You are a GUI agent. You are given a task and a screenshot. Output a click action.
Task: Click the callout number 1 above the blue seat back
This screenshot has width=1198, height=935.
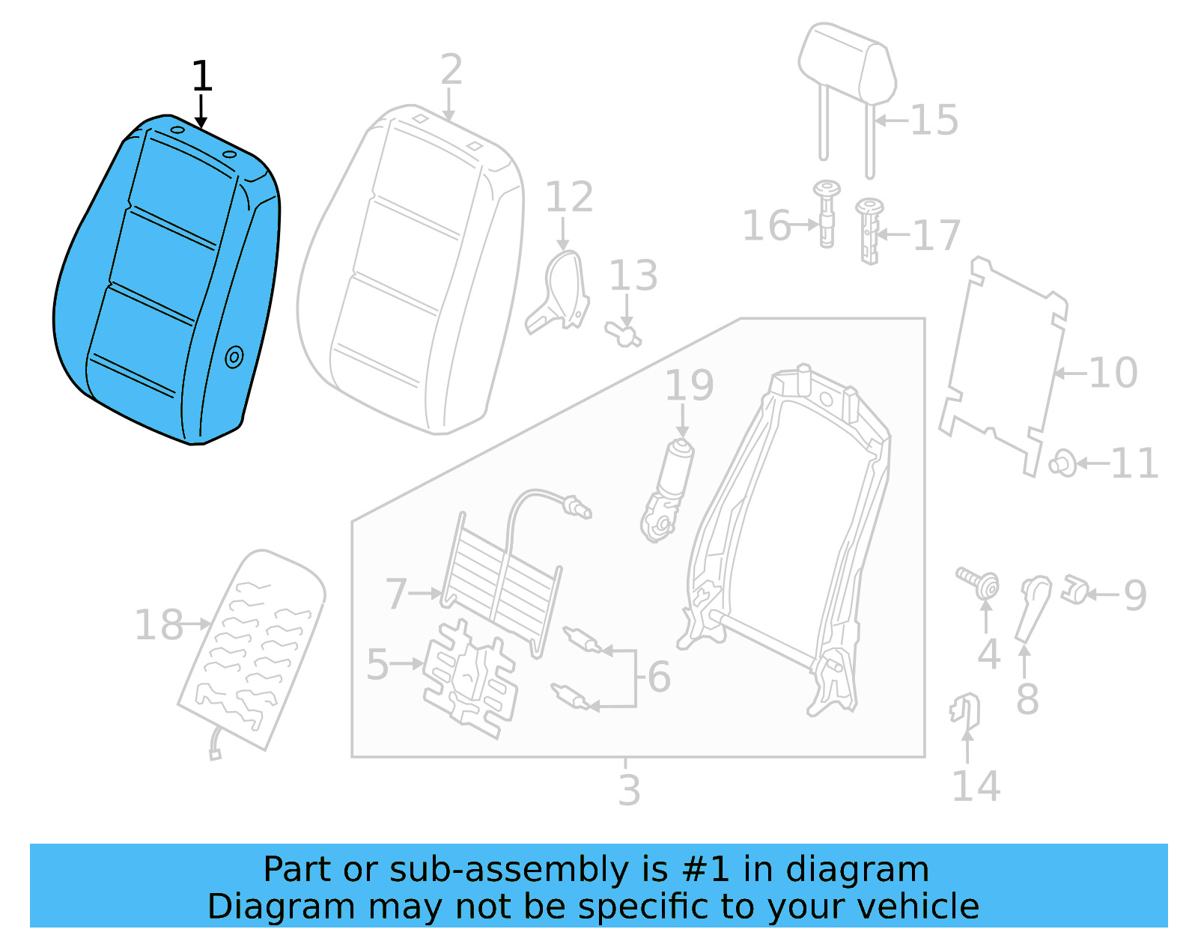(201, 77)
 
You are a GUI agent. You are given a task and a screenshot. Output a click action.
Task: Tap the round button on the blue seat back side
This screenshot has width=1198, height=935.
(234, 357)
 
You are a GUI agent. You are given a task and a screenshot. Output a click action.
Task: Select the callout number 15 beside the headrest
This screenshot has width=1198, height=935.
(934, 121)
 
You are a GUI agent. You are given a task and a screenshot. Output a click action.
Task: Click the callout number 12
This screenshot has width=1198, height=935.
(569, 198)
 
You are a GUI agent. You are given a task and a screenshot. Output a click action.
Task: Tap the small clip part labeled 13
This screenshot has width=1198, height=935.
(623, 332)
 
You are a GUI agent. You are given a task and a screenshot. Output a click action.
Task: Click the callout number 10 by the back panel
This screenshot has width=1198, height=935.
(1113, 373)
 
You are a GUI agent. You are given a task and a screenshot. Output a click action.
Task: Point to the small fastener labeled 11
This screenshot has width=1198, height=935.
(1062, 463)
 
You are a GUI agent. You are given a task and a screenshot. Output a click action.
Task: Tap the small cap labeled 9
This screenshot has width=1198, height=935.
(1074, 591)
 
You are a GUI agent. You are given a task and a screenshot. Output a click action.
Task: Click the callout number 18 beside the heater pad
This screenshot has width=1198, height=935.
(158, 625)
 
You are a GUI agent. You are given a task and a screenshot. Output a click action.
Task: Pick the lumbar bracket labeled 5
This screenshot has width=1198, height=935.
(469, 677)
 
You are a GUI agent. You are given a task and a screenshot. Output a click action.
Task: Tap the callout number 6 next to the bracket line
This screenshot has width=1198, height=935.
(659, 677)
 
